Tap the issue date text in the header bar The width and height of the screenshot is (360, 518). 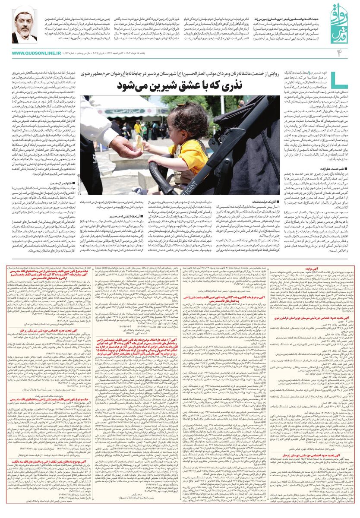pos(147,41)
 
